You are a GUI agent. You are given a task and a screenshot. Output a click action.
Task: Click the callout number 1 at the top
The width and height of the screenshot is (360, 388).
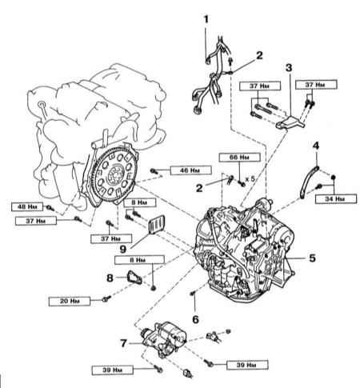tap(206, 19)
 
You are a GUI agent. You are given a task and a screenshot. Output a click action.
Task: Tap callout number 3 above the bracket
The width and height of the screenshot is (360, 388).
tap(289, 68)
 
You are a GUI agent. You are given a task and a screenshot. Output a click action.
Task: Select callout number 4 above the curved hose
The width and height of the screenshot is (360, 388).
tap(316, 146)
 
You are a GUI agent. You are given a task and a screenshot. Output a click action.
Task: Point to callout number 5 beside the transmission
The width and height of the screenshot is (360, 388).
tap(312, 258)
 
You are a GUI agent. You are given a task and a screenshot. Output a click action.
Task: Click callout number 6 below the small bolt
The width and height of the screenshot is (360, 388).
tap(195, 319)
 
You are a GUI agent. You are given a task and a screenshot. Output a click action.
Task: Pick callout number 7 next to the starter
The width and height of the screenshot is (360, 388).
tap(123, 343)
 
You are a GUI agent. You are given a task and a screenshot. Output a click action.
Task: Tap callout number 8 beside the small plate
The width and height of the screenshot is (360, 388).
tap(110, 278)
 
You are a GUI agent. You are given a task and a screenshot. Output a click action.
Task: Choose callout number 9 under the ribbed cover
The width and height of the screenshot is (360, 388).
tap(123, 249)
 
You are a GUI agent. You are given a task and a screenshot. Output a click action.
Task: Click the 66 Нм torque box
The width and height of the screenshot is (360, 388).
tap(239, 158)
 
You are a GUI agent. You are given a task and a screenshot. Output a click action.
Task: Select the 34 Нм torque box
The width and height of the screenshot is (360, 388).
tap(336, 198)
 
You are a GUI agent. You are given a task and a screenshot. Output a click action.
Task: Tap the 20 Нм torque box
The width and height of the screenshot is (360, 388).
tap(70, 301)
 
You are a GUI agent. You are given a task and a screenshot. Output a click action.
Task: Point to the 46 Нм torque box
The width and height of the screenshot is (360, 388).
tap(190, 170)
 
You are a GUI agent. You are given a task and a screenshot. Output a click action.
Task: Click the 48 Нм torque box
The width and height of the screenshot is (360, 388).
tap(27, 206)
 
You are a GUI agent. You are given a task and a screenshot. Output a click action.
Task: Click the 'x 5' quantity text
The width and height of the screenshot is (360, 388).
tap(250, 179)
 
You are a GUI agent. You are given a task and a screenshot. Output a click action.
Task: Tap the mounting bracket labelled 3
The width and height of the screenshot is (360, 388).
tap(290, 122)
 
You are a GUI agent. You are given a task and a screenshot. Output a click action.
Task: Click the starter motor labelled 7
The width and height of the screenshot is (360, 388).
tap(163, 338)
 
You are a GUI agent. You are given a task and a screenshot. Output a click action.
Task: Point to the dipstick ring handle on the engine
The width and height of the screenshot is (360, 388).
tap(41, 103)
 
